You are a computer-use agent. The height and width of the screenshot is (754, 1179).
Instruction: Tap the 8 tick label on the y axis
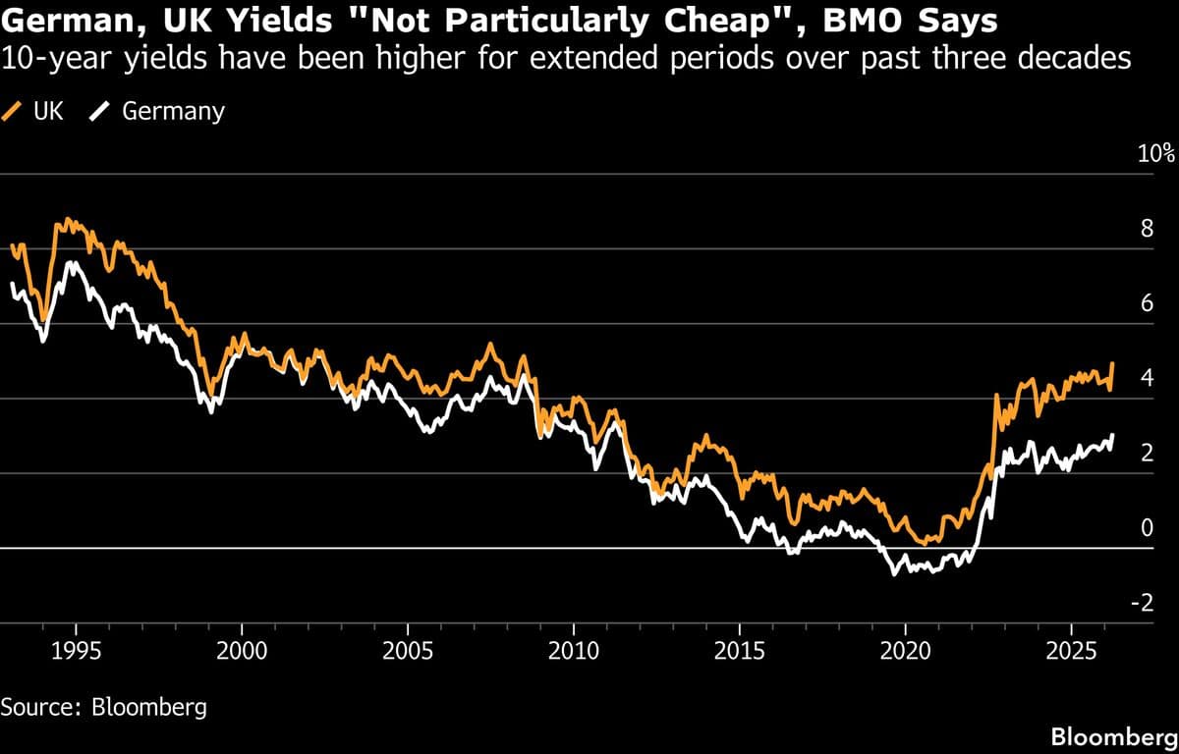[1146, 230]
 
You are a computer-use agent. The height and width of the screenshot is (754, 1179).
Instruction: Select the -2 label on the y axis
[1142, 604]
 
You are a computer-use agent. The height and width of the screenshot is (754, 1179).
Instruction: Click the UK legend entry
[35, 111]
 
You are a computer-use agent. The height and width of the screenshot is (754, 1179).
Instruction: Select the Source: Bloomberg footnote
[104, 707]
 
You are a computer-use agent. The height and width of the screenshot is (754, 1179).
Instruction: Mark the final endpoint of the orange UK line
[1113, 362]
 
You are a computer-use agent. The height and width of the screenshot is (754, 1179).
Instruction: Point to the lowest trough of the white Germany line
[894, 574]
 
